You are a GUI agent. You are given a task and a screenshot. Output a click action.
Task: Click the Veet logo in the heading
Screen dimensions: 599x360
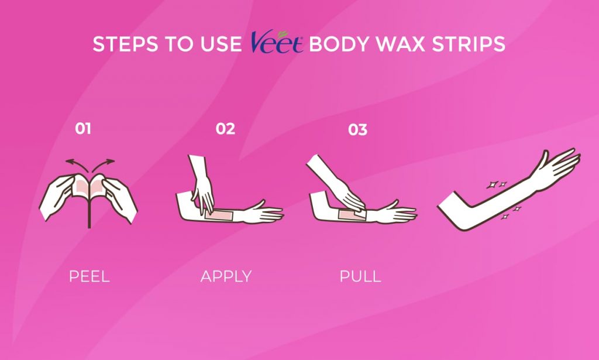point(277,42)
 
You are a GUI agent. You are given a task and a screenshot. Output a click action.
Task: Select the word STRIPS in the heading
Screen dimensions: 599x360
point(469,44)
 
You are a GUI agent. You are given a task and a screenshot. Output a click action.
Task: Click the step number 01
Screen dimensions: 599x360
point(83,129)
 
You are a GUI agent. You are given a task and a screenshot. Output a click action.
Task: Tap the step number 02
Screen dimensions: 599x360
point(225,129)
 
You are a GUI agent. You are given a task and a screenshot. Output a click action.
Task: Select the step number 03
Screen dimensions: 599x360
point(357,130)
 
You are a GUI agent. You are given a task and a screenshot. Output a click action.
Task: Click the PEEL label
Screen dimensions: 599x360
point(89,276)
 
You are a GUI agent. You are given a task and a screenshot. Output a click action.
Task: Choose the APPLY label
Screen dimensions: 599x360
point(226,276)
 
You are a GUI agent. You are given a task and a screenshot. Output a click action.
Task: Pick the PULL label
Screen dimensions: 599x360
point(360,276)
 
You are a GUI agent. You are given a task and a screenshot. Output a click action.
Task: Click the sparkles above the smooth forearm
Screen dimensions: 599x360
point(496,185)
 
